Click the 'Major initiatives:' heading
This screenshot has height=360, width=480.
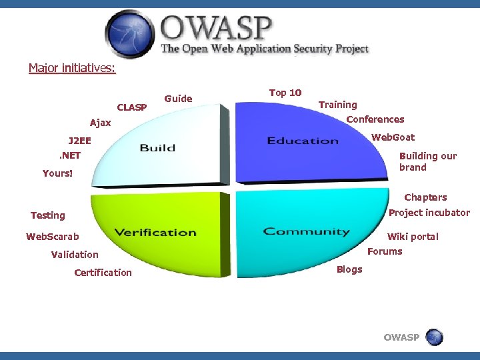pos(72,68)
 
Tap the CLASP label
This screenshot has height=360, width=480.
pos(132,107)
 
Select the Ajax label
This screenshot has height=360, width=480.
pos(101,123)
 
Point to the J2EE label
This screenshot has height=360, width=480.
pos(79,141)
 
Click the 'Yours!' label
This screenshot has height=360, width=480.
pos(57,173)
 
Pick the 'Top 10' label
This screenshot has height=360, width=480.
pos(285,93)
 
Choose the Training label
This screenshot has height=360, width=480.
pos(337,105)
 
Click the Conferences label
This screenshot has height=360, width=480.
pos(375,119)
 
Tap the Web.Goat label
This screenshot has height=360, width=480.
pos(393,137)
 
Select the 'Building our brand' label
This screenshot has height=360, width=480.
pos(427,161)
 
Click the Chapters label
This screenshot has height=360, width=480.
pos(425,197)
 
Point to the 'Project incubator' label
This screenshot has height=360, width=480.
pos(429,213)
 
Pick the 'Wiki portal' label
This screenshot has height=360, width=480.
pos(413,237)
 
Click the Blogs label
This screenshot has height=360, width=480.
pos(349,269)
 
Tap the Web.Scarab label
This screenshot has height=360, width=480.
pos(53,237)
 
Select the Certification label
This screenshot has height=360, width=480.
pos(103,273)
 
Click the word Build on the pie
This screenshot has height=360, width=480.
pos(157,147)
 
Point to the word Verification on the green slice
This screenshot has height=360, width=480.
pos(155,232)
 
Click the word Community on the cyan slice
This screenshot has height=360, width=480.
pos(306,231)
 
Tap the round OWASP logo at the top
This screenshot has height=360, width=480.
pos(130,33)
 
